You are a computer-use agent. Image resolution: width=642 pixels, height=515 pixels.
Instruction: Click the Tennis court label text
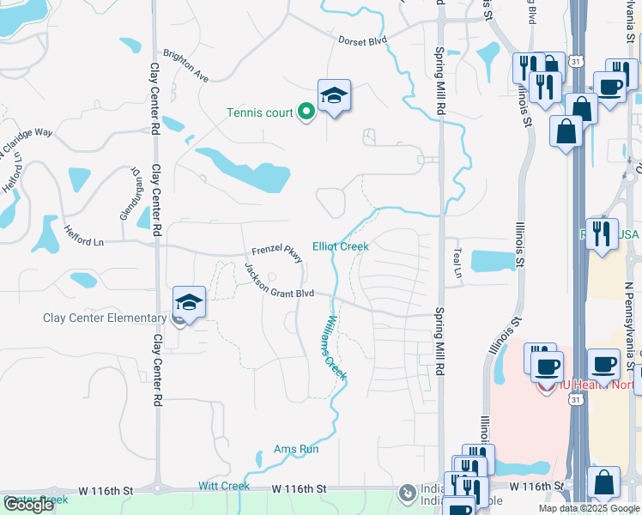[259, 112]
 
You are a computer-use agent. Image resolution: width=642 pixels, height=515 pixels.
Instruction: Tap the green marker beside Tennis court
[305, 112]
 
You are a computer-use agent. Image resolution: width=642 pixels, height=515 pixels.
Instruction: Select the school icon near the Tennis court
[334, 95]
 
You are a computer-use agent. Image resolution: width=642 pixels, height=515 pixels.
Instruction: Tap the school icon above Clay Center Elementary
[189, 302]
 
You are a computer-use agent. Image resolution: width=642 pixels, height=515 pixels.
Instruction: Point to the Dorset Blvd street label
[363, 39]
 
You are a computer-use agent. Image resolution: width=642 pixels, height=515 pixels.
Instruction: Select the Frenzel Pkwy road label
[276, 256]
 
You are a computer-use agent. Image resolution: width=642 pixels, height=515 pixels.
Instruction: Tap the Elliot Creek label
[340, 246]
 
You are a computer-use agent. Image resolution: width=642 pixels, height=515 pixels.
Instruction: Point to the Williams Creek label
[333, 347]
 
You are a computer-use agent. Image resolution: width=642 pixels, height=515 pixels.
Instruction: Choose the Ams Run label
[296, 449]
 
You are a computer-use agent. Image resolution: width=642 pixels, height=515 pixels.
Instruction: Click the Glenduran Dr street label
[128, 193]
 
